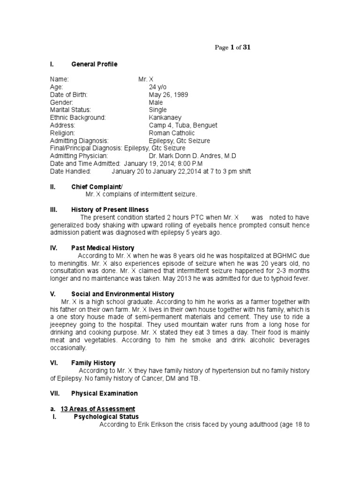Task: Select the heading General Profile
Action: pyautogui.click(x=94, y=64)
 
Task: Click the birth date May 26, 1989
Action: pyautogui.click(x=168, y=95)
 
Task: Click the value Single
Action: pyautogui.click(x=157, y=110)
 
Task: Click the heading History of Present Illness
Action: pyautogui.click(x=110, y=210)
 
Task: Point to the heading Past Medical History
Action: pyautogui.click(x=103, y=247)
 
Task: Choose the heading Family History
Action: pyautogui.click(x=93, y=362)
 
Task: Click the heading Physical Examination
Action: pyautogui.click(x=104, y=393)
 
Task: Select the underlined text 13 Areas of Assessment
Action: pyautogui.click(x=98, y=409)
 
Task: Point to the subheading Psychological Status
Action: pyautogui.click(x=106, y=416)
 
